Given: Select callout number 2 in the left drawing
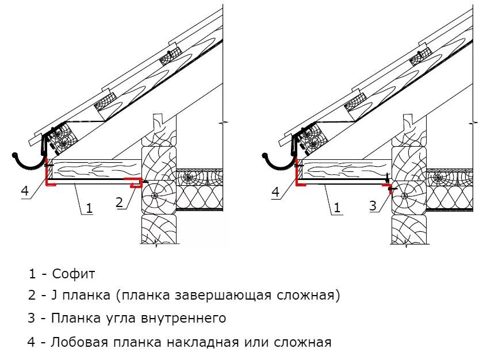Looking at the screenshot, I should pyautogui.click(x=120, y=201).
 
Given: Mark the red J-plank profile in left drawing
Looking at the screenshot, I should pyautogui.click(x=135, y=183).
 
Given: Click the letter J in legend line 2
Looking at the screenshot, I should pyautogui.click(x=53, y=296).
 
